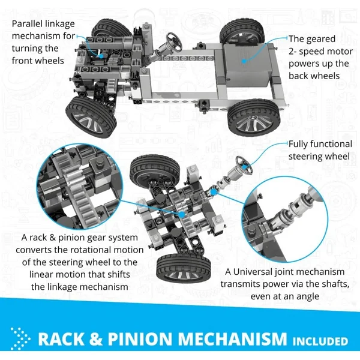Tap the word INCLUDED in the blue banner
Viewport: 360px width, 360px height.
[x=320, y=341]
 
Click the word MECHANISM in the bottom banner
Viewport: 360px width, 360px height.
[x=230, y=339]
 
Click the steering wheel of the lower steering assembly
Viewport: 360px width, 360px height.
[x=244, y=166]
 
